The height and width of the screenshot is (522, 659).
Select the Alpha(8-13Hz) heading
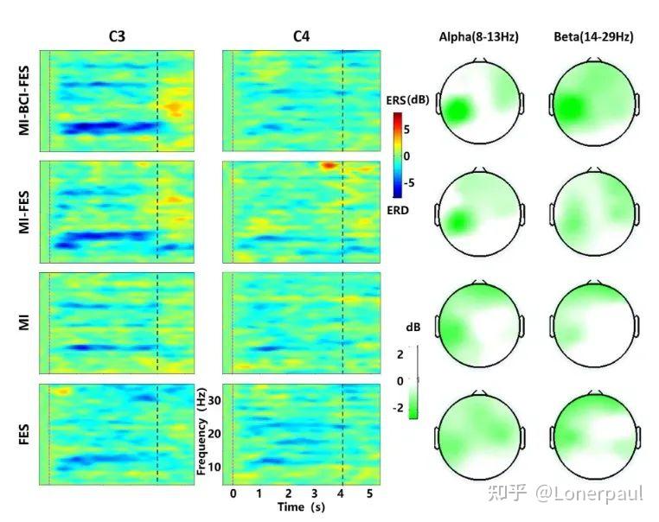coord(479,36)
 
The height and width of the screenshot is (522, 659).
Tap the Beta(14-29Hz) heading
coord(593,36)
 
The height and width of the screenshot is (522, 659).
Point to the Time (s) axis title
coord(303,507)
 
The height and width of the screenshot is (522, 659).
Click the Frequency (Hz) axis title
coord(201,432)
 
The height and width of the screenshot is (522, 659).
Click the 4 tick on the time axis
coord(342,493)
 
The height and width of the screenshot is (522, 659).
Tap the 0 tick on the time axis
coord(234,493)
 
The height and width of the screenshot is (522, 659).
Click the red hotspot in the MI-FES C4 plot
coord(329,164)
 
